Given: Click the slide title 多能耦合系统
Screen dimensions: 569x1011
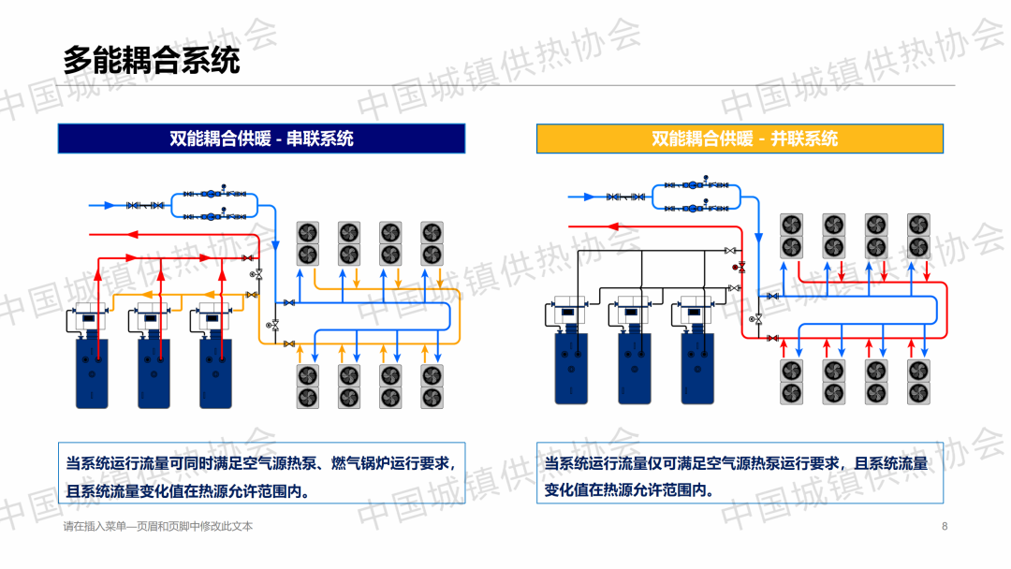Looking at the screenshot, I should pyautogui.click(x=152, y=61).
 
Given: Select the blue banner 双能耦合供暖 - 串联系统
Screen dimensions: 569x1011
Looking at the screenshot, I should pyautogui.click(x=261, y=139).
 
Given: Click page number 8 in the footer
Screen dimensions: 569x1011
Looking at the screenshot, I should pyautogui.click(x=945, y=526).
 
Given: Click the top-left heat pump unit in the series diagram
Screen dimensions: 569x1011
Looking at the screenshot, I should pyautogui.click(x=308, y=242).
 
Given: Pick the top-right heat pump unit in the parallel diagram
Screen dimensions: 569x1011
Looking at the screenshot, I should pyautogui.click(x=918, y=236).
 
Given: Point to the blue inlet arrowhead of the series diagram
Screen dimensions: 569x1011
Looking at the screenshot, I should pyautogui.click(x=109, y=204).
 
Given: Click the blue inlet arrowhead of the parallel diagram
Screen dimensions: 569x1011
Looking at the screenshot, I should pyautogui.click(x=589, y=197).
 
